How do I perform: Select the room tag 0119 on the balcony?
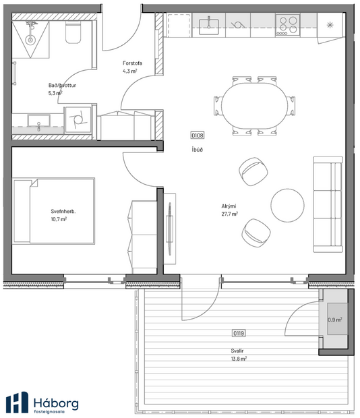238,332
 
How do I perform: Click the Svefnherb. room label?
63,211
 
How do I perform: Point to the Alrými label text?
229,206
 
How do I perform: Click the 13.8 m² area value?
238,359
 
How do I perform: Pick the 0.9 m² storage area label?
334,320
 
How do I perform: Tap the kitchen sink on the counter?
208,26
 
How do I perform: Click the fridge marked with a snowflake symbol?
330,26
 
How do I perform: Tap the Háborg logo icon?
17,402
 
